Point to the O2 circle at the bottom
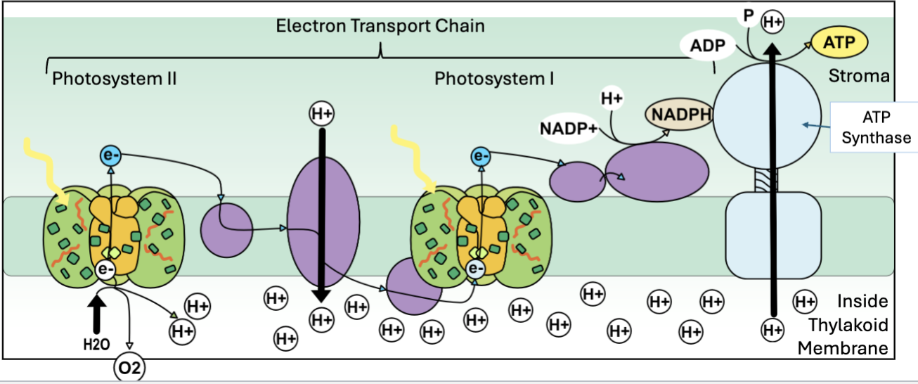[130, 369]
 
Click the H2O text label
[96, 345]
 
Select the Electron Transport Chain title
[380, 27]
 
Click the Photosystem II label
[114, 78]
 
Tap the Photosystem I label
[494, 78]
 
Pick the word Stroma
[859, 76]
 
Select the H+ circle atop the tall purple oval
[321, 113]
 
